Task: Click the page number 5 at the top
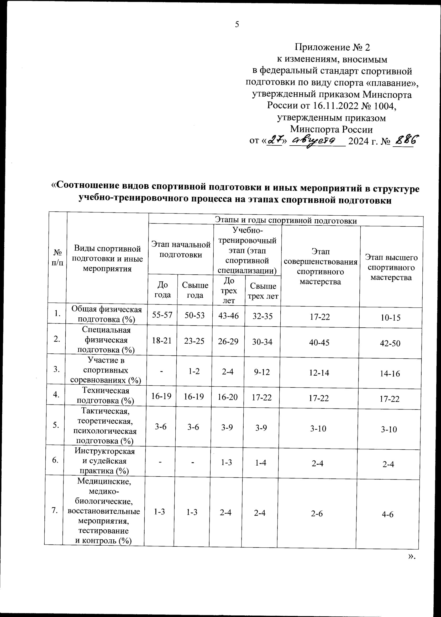click(237, 24)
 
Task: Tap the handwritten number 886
click(407, 140)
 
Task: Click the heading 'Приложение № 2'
click(332, 47)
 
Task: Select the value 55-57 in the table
click(162, 315)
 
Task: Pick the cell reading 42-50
click(390, 343)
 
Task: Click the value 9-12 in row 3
click(262, 372)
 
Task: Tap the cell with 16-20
click(228, 397)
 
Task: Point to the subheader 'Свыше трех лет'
click(263, 291)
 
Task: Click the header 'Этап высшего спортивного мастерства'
click(391, 267)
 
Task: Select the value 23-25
click(194, 341)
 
